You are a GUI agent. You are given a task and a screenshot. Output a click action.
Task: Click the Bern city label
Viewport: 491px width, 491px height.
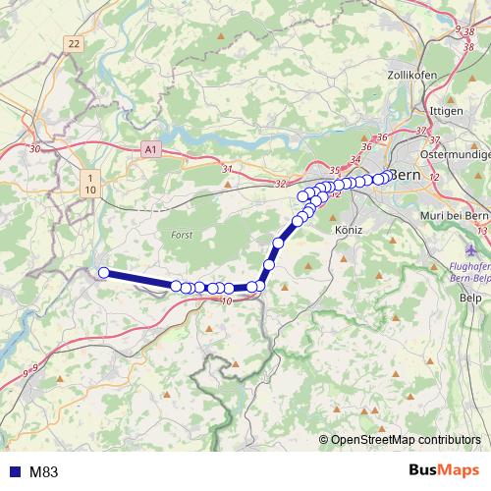click(x=406, y=175)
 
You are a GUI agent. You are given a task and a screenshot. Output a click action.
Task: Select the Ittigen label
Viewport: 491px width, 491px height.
click(x=448, y=111)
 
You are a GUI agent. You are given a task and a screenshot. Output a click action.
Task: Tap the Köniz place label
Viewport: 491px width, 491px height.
click(x=349, y=229)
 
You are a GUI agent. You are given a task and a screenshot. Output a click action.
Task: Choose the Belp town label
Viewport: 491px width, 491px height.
click(x=470, y=297)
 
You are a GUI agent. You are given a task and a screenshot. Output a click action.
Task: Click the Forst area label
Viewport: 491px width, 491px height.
click(x=182, y=236)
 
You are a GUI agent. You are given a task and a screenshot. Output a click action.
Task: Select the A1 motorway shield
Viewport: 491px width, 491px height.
click(x=150, y=150)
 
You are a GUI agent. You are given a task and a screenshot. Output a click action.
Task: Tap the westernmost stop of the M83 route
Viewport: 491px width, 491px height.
click(x=103, y=272)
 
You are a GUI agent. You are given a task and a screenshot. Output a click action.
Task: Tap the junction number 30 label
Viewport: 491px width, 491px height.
click(x=35, y=149)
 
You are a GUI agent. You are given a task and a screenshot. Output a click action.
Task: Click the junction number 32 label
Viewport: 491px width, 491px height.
click(x=282, y=183)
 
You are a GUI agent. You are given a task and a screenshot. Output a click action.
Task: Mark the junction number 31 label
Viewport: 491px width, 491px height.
click(x=228, y=169)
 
